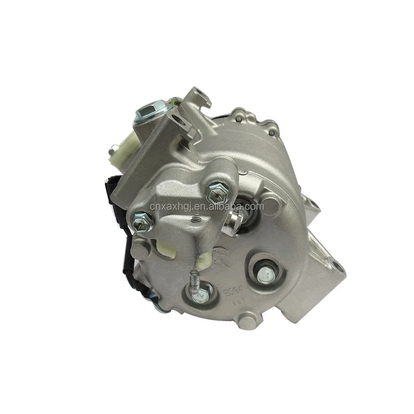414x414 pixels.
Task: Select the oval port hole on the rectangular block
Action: coord(178,122)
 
